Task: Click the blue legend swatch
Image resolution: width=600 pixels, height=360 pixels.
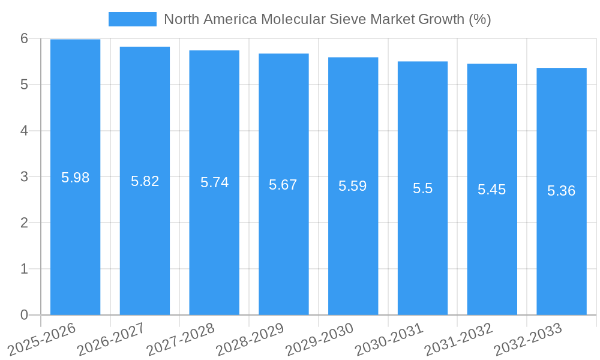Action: [x=132, y=19]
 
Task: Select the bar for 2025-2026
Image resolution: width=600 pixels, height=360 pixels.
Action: [x=75, y=240]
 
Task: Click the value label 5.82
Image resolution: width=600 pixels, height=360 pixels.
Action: [x=145, y=181]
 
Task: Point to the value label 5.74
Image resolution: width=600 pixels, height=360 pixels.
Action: [x=214, y=182]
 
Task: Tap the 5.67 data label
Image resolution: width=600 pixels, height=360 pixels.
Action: [x=283, y=185]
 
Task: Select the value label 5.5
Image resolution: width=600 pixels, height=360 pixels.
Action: [x=422, y=188]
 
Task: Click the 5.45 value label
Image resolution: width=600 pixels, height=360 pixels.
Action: [x=491, y=190]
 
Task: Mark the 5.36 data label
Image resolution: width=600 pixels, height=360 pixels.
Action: [x=561, y=191]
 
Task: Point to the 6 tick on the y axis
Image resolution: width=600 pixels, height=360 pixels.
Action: [x=24, y=38]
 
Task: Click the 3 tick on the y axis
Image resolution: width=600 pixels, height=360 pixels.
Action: [x=24, y=177]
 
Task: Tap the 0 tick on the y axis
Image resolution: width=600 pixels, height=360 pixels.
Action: [x=24, y=315]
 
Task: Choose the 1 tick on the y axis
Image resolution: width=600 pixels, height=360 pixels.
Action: [x=24, y=269]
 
